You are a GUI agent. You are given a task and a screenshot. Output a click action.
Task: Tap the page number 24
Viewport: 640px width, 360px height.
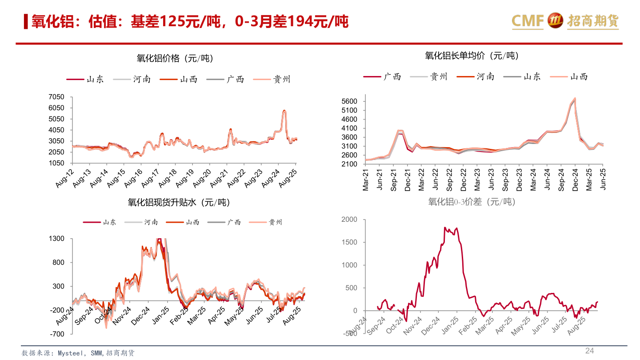pos(589,351)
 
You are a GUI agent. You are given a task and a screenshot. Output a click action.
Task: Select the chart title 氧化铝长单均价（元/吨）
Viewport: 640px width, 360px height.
pos(472,56)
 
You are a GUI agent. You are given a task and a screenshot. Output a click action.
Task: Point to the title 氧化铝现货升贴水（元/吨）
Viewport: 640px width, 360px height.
pos(179,203)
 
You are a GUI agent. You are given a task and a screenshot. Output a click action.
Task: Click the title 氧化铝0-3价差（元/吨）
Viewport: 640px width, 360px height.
pos(472,202)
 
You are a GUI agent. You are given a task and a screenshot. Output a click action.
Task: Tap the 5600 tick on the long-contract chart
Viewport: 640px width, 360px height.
pos(351,101)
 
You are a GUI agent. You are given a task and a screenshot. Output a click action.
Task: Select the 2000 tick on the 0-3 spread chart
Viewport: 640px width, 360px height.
pos(349,220)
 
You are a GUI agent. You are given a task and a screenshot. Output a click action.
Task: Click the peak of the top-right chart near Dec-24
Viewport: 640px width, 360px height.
pos(575,98)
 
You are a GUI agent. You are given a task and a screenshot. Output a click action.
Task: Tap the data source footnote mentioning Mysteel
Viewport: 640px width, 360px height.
pos(78,353)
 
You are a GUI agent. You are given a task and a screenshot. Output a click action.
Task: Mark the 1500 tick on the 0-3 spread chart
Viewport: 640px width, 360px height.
pos(349,242)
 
